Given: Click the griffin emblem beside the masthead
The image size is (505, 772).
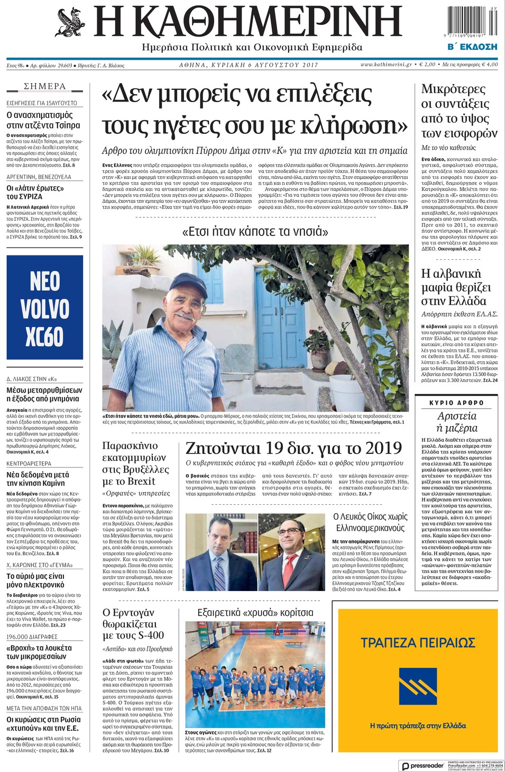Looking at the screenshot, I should pyautogui.click(x=71, y=23).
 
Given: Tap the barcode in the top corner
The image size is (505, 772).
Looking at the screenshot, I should pyautogui.click(x=472, y=22).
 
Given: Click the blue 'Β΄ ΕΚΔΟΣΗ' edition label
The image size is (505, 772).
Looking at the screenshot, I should pyautogui.click(x=472, y=47).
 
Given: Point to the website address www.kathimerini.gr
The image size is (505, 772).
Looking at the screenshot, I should pyautogui.click(x=386, y=65).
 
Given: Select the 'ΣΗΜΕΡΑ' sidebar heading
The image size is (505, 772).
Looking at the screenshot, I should pyautogui.click(x=45, y=86).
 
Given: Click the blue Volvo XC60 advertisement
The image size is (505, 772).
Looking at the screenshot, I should pyautogui.click(x=45, y=307).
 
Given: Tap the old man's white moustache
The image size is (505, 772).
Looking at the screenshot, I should pyautogui.click(x=185, y=316).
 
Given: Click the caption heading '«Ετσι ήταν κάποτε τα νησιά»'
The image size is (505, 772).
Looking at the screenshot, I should pyautogui.click(x=255, y=231).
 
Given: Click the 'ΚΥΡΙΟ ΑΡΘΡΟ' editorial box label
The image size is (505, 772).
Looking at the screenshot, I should pyautogui.click(x=456, y=403).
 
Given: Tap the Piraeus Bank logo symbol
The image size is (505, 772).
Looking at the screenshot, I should pyautogui.click(x=417, y=687).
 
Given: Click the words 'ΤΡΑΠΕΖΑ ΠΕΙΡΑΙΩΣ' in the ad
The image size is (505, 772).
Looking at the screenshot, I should pyautogui.click(x=418, y=642).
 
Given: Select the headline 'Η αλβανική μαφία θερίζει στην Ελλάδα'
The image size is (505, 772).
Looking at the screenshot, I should pyautogui.click(x=456, y=287).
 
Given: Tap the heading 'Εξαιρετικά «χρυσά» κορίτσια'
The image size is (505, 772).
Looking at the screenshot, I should pyautogui.click(x=255, y=613).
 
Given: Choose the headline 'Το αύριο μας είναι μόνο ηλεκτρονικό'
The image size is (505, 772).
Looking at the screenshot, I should pyautogui.click(x=35, y=580).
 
